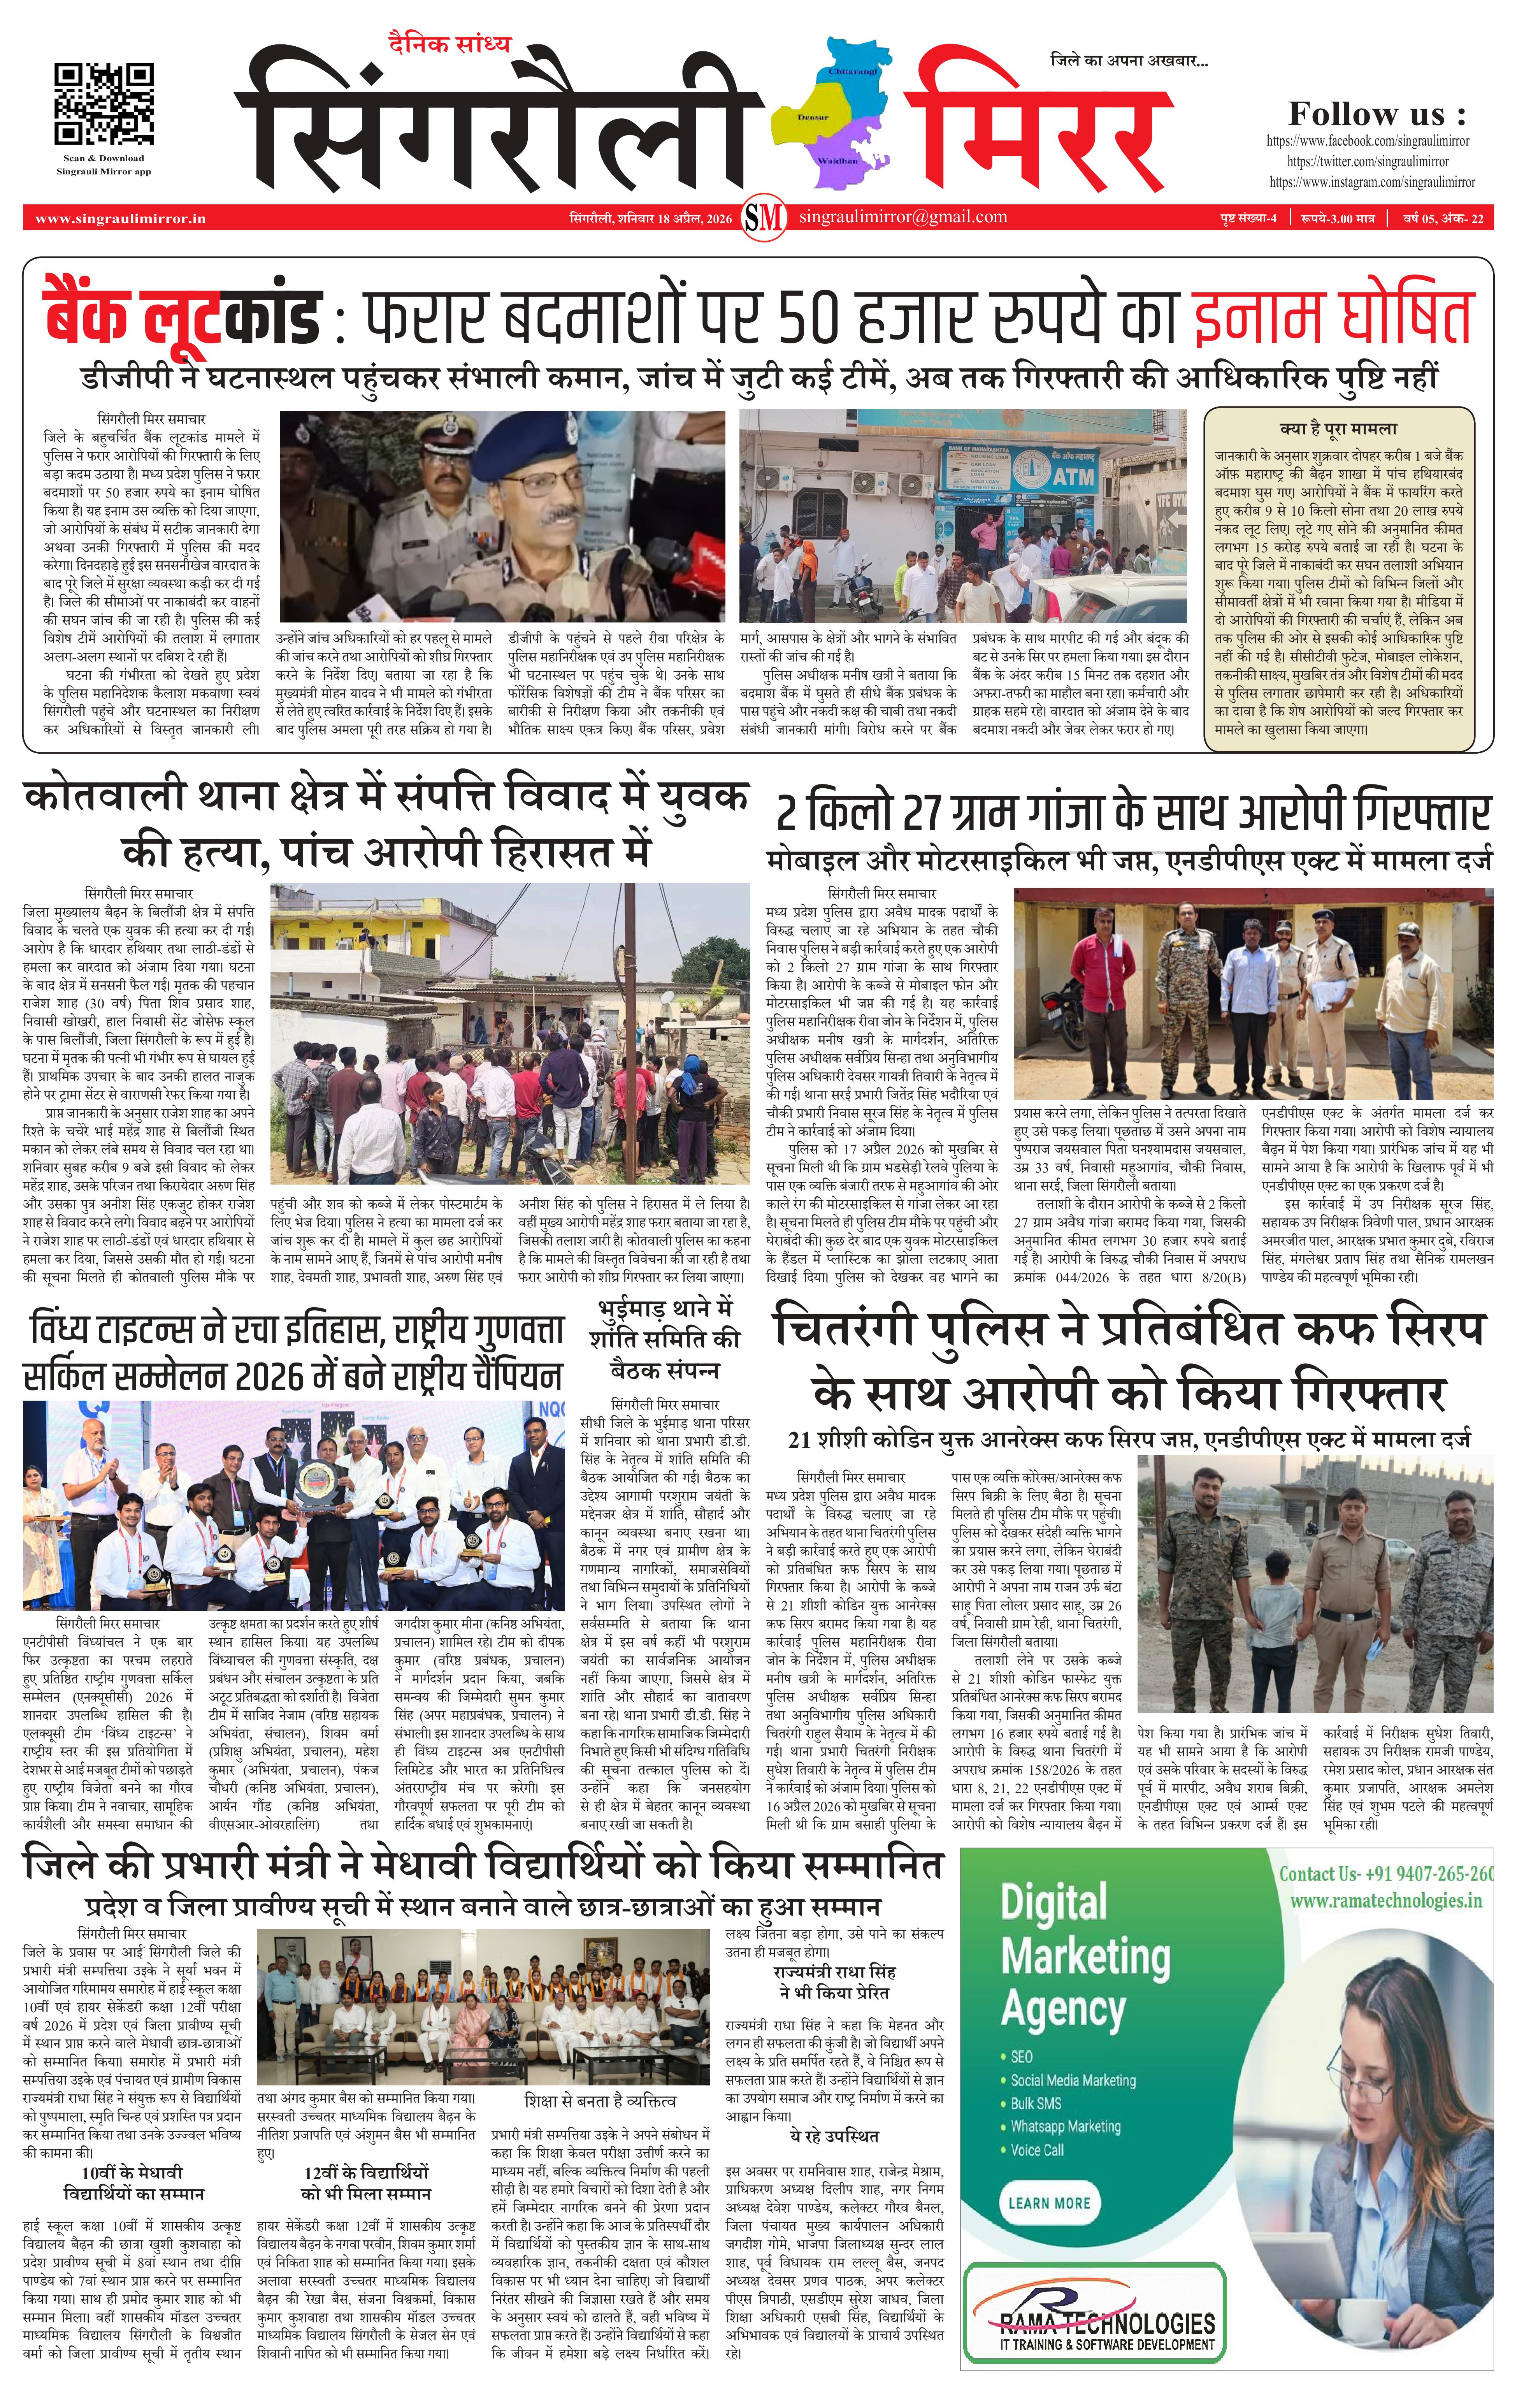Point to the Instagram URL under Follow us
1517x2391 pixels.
click(1371, 182)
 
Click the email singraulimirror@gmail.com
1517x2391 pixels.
click(902, 216)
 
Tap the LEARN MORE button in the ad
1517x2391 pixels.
click(1048, 2202)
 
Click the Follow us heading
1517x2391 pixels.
click(1376, 113)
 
